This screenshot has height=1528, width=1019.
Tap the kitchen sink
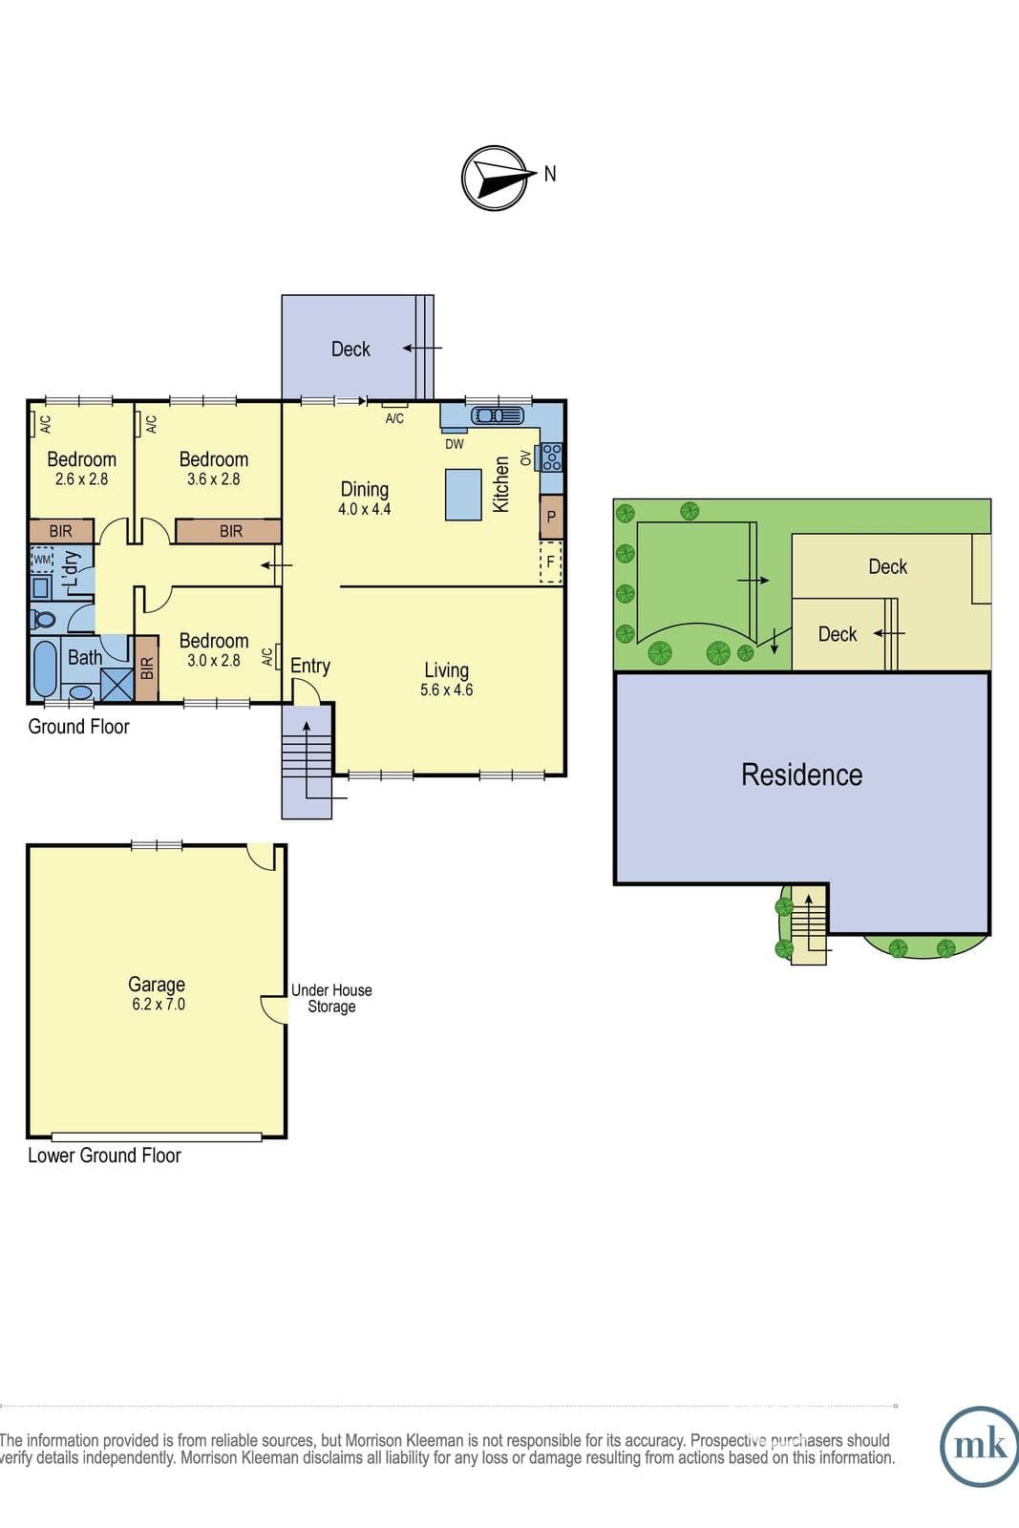[x=498, y=415]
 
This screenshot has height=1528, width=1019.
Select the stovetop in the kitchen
[x=552, y=457]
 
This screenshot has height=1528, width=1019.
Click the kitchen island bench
[x=464, y=495]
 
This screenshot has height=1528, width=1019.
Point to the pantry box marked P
[x=551, y=517]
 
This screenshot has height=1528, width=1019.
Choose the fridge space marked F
[x=550, y=562]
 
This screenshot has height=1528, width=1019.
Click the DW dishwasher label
[x=455, y=444]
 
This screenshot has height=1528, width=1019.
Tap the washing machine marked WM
[x=42, y=560]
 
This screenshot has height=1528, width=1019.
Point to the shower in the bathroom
[x=117, y=685]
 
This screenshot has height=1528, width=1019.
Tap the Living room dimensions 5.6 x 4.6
[x=446, y=690]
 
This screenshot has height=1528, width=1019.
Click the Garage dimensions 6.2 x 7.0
[x=159, y=1004]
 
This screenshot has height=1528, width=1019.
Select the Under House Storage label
[x=331, y=998]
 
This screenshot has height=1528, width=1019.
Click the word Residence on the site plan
[x=801, y=775]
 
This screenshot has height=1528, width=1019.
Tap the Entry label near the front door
[x=310, y=667]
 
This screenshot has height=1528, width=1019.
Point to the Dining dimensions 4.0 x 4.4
[x=364, y=509]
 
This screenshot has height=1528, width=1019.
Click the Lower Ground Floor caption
[x=104, y=1156]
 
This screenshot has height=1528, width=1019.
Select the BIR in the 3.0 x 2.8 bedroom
[x=147, y=668]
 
